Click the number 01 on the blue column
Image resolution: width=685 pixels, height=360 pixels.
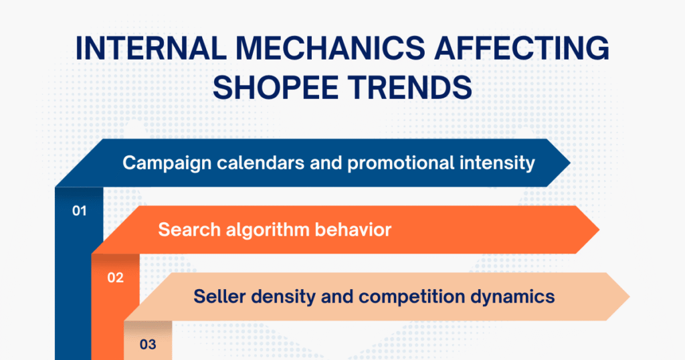[80, 211]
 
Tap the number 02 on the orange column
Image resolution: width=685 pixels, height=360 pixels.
[116, 278]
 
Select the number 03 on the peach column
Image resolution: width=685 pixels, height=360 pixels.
[148, 345]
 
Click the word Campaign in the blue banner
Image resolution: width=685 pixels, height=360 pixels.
[159, 163]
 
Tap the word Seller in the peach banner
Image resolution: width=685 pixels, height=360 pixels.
[216, 296]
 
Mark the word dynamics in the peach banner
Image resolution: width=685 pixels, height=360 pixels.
[516, 296]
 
